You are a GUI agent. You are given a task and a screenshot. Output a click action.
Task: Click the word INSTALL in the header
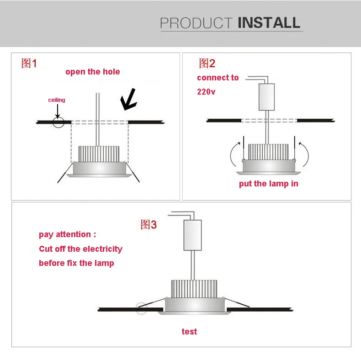(269, 22)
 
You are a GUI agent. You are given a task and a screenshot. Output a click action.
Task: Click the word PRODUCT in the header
(196, 23)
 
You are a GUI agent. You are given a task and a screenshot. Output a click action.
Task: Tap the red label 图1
(29, 64)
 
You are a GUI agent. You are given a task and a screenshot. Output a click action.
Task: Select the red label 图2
(207, 64)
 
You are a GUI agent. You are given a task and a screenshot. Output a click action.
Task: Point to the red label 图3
(149, 224)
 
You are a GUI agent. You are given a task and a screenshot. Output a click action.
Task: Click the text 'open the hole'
(93, 72)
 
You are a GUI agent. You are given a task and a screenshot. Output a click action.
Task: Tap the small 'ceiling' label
(57, 100)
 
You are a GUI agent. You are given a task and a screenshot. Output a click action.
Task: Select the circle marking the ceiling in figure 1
(58, 122)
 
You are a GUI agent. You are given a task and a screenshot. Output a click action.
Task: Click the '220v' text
(206, 91)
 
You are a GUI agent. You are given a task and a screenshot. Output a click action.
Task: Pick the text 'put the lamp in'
(269, 184)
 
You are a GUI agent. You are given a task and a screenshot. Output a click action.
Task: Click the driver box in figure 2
(266, 97)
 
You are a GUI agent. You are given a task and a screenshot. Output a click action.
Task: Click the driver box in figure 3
(192, 235)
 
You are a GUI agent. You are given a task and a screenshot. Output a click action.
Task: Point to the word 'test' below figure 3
(189, 331)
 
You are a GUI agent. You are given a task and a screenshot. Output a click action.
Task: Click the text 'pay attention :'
(68, 234)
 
